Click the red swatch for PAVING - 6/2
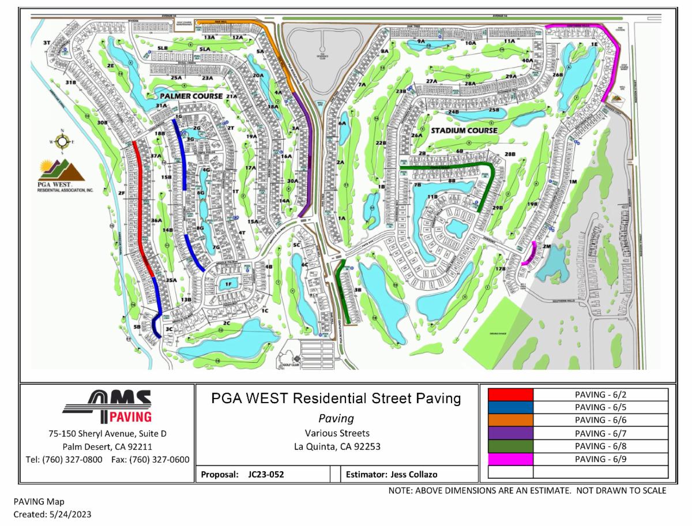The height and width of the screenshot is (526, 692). (510, 394)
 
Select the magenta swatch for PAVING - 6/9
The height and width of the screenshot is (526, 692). (510, 459)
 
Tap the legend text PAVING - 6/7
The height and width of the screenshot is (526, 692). (600, 433)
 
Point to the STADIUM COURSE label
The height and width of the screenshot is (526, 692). (465, 130)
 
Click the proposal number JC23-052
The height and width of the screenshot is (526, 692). (266, 475)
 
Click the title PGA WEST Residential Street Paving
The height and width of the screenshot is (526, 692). (336, 399)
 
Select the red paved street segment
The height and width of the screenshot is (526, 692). (142, 208)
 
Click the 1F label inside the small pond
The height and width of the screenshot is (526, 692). (228, 284)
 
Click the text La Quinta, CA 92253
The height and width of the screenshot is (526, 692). (337, 446)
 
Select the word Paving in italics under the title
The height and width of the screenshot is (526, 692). (336, 419)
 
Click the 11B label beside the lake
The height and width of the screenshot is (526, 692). (432, 197)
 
